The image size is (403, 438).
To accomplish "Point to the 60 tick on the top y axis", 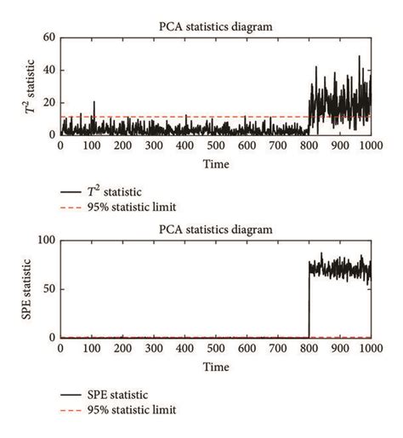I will tap(49, 38).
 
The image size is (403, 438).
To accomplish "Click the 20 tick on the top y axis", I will tap(49, 103).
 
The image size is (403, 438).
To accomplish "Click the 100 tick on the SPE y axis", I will tap(46, 242).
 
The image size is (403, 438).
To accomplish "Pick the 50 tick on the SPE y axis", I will tap(49, 290).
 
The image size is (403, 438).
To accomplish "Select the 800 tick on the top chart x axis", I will tap(308, 146).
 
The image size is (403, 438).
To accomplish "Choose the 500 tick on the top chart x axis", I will tap(215, 146).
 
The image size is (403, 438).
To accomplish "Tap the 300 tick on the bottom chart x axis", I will tap(153, 350).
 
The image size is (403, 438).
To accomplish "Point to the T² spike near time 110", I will tap(94, 104).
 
